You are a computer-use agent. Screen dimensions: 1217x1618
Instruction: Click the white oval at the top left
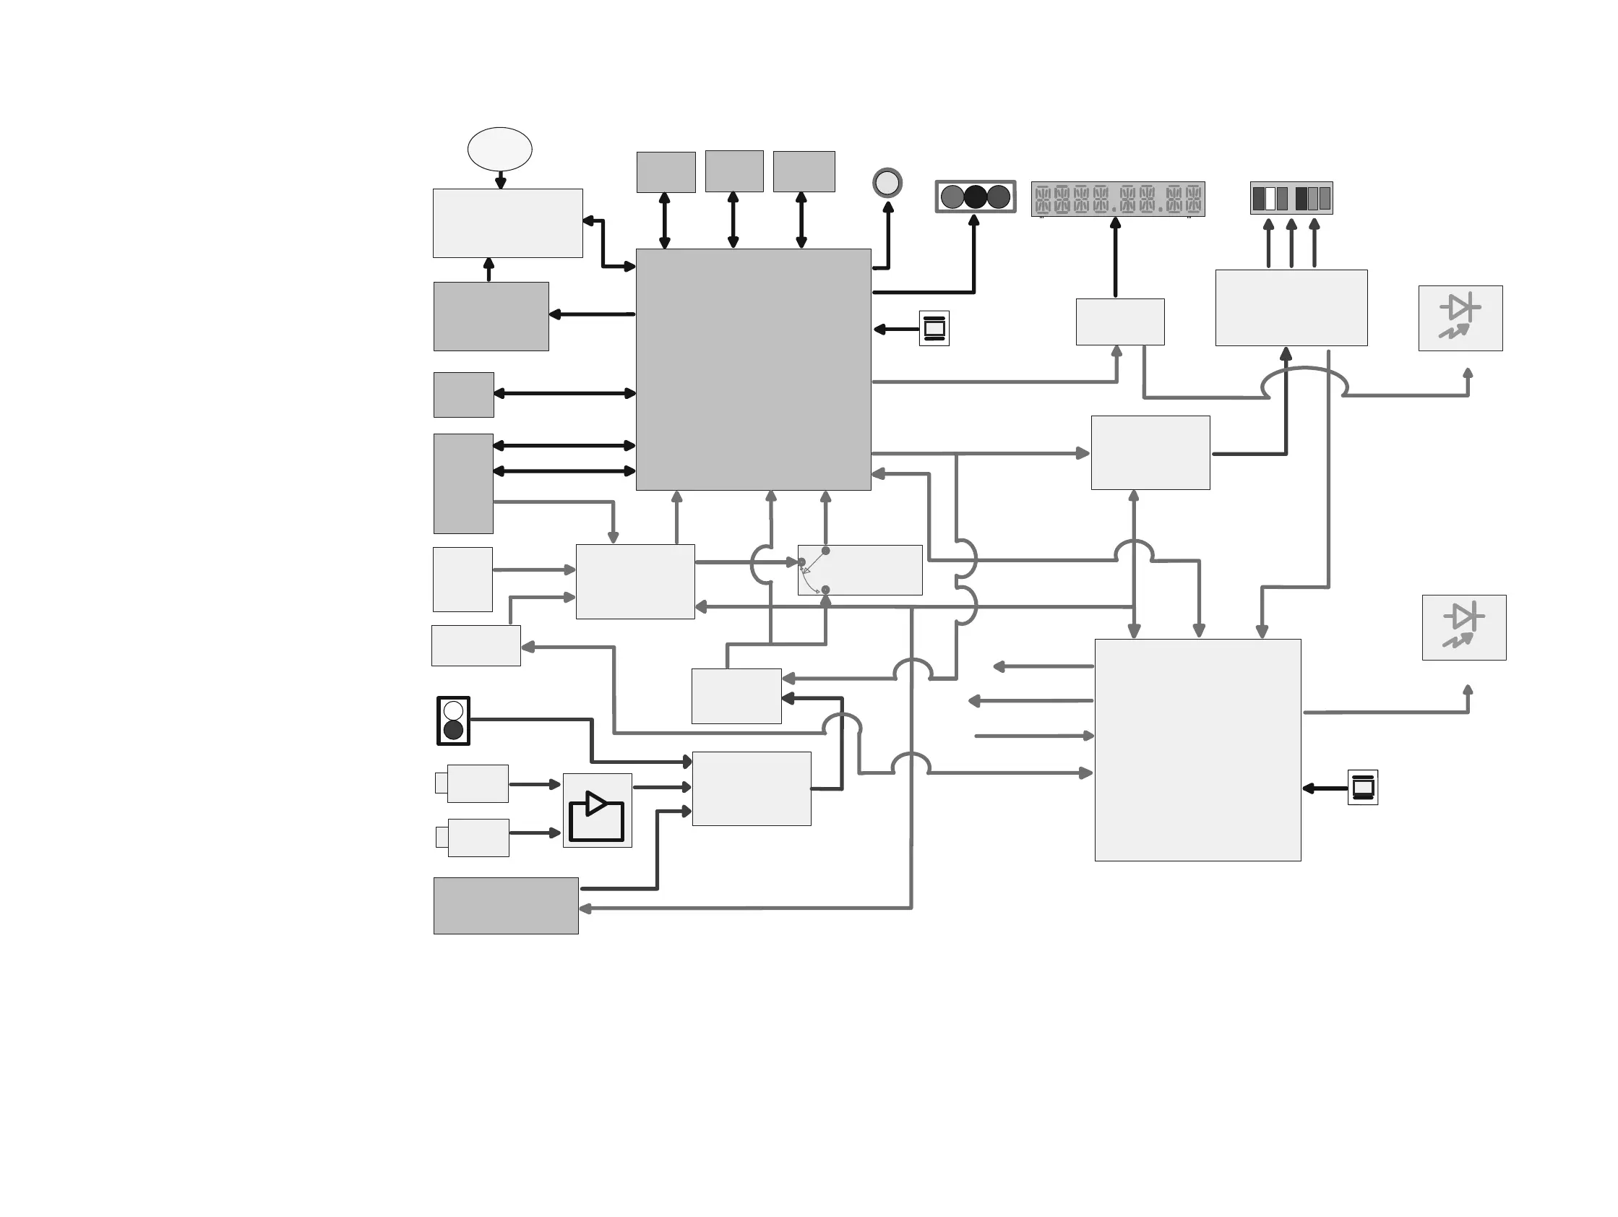499,149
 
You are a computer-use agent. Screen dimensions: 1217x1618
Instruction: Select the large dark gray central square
754,369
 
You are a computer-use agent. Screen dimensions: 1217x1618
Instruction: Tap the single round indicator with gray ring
887,183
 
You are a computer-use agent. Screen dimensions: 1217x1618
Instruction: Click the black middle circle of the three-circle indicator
976,197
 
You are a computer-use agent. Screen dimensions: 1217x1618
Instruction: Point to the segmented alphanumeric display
1118,199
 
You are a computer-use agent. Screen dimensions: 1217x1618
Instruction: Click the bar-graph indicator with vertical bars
1291,198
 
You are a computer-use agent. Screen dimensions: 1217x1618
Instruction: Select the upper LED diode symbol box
1460,318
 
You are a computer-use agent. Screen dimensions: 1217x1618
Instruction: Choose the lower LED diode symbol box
1463,627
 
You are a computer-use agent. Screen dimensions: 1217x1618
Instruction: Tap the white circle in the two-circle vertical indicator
454,710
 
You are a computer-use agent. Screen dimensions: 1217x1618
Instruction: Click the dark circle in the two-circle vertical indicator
454,730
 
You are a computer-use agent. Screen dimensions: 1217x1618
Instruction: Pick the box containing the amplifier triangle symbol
597,810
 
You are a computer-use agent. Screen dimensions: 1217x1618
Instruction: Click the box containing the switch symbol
859,569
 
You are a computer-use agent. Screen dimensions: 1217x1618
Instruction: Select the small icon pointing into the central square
934,328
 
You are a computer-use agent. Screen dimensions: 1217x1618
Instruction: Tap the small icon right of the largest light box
1363,788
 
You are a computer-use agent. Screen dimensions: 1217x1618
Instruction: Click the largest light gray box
1197,749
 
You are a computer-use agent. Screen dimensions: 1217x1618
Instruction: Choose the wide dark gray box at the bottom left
505,906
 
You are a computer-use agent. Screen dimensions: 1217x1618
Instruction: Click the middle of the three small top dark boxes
733,171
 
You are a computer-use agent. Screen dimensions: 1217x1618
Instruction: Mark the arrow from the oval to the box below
500,180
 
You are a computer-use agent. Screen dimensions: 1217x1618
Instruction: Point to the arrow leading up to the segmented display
1116,257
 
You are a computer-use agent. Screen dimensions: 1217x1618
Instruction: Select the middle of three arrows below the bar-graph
1291,244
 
